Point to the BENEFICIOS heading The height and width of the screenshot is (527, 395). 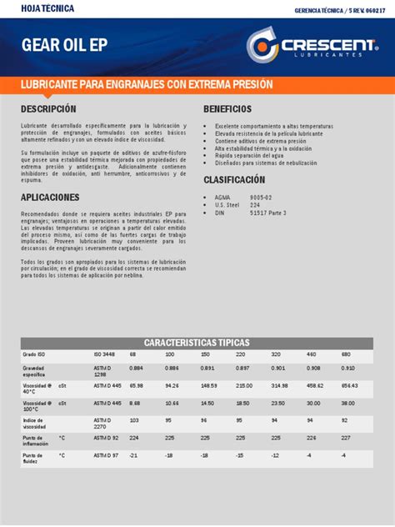pyautogui.click(x=227, y=109)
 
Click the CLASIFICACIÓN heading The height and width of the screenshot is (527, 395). pyautogui.click(x=234, y=179)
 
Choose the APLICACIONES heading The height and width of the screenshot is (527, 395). pyautogui.click(x=50, y=198)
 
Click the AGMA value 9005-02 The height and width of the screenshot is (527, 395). pyautogui.click(x=261, y=198)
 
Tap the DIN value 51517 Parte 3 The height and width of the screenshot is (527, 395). pyautogui.click(x=268, y=213)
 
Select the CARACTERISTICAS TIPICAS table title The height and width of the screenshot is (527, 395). pyautogui.click(x=197, y=343)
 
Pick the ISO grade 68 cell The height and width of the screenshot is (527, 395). pyautogui.click(x=132, y=354)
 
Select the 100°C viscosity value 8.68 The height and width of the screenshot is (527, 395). pyautogui.click(x=135, y=403)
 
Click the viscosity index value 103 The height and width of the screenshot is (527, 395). pyautogui.click(x=134, y=420)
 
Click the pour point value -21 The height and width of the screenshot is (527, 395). pyautogui.click(x=133, y=455)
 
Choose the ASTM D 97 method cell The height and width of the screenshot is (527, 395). pyautogui.click(x=106, y=455)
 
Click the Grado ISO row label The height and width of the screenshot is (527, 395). pyautogui.click(x=34, y=354)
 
